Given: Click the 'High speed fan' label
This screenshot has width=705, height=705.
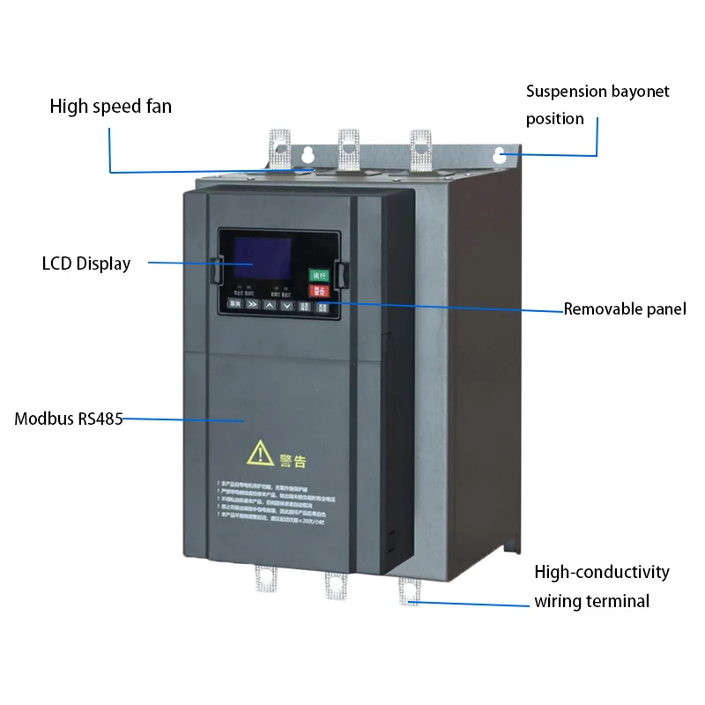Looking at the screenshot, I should pyautogui.click(x=110, y=107).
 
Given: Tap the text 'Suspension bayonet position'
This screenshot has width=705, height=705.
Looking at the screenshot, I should pyautogui.click(x=597, y=104).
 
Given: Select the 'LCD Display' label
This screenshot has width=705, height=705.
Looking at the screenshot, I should pyautogui.click(x=86, y=263).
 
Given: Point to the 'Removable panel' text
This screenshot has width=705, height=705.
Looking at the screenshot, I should pyautogui.click(x=625, y=308).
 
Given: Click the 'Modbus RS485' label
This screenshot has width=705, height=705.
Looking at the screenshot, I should pyautogui.click(x=69, y=419).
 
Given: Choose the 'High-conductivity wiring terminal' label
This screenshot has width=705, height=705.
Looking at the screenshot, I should pyautogui.click(x=602, y=587).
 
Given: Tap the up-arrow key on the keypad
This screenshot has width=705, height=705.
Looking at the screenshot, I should pyautogui.click(x=270, y=305).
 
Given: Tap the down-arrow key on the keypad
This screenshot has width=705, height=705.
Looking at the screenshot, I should pyautogui.click(x=286, y=305).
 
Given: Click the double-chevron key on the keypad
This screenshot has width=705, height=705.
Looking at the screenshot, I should pyautogui.click(x=252, y=305).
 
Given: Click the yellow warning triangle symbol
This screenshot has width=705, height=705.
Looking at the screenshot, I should pyautogui.click(x=260, y=454).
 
